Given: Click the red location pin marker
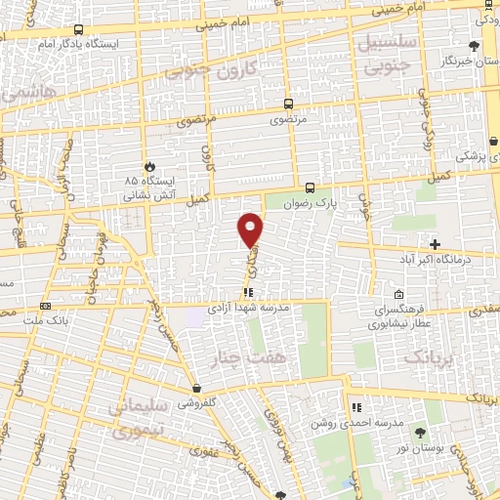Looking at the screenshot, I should coord(251,229).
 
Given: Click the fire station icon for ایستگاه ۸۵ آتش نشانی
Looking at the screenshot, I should coord(148,167).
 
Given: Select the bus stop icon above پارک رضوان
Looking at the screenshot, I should coord(310,187).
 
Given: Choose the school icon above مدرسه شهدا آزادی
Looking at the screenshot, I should coord(250,291).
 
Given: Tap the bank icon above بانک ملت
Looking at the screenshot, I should coord(46,306).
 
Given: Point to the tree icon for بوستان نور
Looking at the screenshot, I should coord(420,432).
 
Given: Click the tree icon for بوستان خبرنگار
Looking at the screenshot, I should coord(475,45).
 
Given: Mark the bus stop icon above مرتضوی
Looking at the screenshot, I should coord(288,103).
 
